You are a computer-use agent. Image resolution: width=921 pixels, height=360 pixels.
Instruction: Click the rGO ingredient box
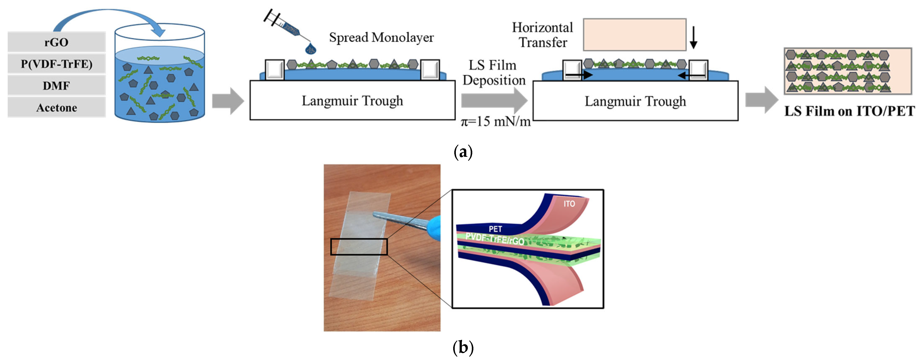[x=56, y=42]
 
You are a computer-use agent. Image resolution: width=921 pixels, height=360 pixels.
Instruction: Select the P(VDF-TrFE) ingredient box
[x=56, y=64]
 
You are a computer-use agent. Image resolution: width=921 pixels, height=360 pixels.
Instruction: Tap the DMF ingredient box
[x=56, y=86]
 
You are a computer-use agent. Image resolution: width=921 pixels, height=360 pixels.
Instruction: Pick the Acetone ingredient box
[x=56, y=108]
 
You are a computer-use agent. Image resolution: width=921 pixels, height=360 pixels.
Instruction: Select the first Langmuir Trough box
[x=352, y=101]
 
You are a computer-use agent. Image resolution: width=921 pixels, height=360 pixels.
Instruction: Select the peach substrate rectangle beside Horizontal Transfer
[x=635, y=35]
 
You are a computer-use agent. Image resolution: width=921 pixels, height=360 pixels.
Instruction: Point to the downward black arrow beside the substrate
[x=693, y=38]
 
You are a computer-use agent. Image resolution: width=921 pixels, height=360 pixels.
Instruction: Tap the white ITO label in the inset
[x=569, y=204]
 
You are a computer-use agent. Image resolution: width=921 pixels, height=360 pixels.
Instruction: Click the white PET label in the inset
[x=496, y=229]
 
